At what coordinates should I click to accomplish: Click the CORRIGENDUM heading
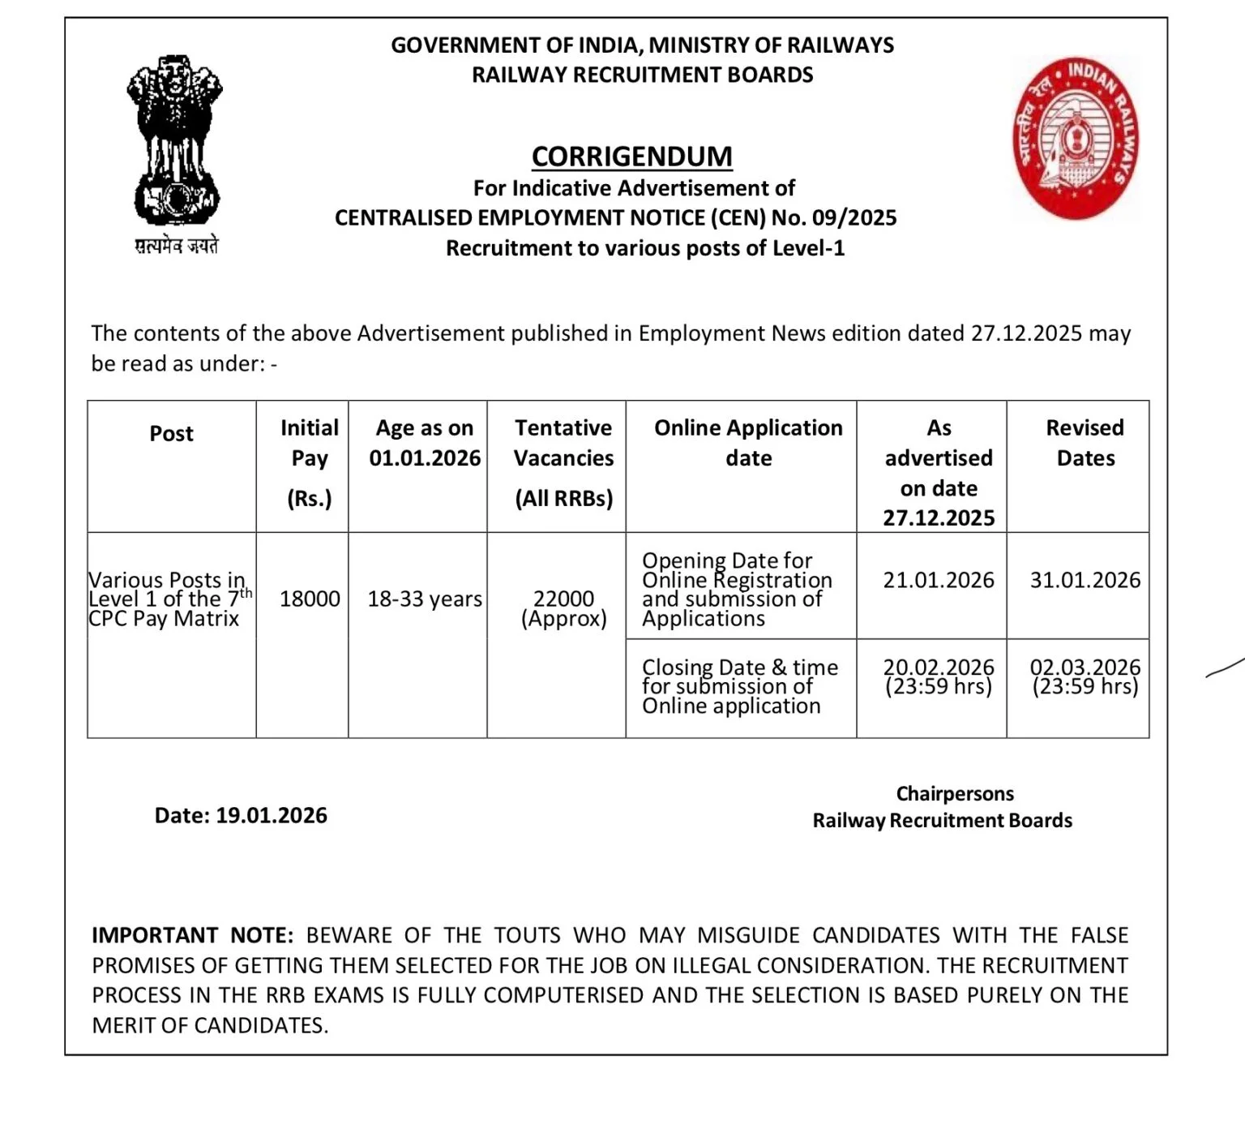[631, 156]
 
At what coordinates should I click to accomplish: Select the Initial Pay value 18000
[310, 599]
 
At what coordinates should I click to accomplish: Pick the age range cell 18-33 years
[425, 599]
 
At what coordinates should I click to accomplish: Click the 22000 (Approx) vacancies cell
[563, 608]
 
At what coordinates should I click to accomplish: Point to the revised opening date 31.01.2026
[1085, 580]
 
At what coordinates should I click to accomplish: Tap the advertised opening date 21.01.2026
[938, 580]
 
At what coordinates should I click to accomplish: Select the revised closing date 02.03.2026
[1085, 668]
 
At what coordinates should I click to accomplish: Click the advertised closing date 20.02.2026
[938, 668]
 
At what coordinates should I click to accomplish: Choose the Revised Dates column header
[1085, 443]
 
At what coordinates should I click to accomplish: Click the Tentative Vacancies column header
[563, 443]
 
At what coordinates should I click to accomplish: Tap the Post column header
[171, 434]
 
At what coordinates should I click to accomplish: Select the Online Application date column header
[748, 443]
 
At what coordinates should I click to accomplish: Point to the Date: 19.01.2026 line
[241, 815]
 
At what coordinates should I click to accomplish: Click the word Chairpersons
[954, 793]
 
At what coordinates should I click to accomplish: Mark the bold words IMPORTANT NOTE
[192, 935]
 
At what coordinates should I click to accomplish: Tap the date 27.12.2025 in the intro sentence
[1025, 333]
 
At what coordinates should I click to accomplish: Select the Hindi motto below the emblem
[176, 247]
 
